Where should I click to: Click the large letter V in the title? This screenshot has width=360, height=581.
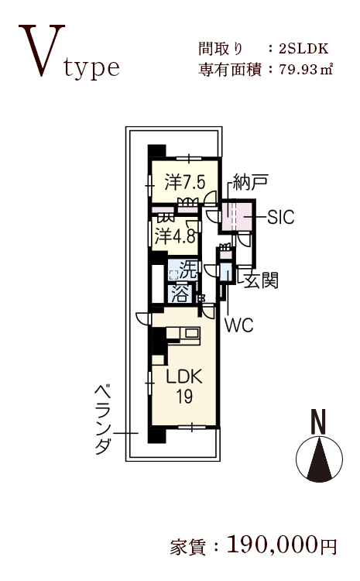coord(42,50)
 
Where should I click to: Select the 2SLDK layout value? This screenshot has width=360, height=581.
coord(303,49)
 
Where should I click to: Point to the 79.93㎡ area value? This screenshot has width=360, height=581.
coord(306,69)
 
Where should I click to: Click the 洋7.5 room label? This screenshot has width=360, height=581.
coord(184,182)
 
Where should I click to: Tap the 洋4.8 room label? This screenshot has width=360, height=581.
coord(174,235)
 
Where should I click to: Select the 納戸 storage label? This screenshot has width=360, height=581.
coord(250,182)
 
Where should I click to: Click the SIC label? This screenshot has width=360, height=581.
coord(281,217)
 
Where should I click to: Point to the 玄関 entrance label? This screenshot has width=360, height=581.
coord(261,280)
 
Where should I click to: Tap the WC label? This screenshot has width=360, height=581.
coord(239,325)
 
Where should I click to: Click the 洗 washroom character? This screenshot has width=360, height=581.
coord(187,270)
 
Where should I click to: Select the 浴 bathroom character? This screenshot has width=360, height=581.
coord(181,293)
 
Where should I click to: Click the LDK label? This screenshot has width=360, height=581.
coord(184,376)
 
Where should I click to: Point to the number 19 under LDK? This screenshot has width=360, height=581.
coord(184,396)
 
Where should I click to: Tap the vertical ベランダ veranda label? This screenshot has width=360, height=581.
coord(103,419)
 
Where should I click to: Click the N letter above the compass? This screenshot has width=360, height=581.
coord(318,421)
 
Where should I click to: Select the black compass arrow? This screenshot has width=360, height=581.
coord(319,460)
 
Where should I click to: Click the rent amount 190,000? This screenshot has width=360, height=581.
coord(273,545)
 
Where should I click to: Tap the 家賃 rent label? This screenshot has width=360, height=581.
coord(188,547)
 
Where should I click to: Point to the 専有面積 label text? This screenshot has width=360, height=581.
coord(230,70)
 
